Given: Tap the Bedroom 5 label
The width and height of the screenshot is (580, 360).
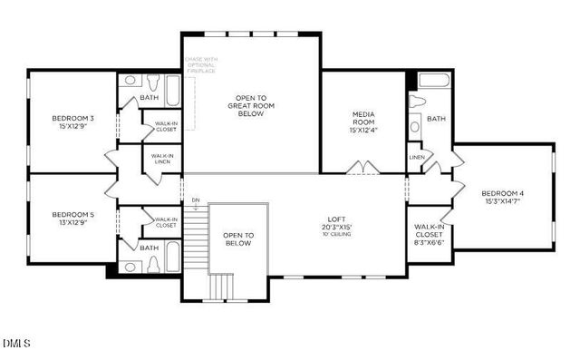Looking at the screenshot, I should tap(72, 219).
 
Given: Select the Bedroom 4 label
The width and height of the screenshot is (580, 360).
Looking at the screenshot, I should tap(502, 197).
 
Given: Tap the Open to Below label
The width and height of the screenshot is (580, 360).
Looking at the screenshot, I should tap(238, 239).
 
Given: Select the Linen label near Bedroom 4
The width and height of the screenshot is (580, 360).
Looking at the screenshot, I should tap(416, 157).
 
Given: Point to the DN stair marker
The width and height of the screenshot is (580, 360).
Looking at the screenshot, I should tap(196, 199).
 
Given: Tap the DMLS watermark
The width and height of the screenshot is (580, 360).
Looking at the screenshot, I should tap(16, 344).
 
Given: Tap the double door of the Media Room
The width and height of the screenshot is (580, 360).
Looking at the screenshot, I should tap(364, 168).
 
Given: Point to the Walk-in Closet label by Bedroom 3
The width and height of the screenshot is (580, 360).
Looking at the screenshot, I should tap(166, 127).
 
